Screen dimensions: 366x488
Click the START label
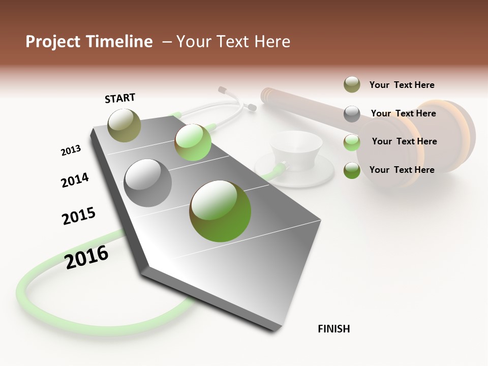coord(120,98)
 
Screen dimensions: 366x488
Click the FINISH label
coord(333,329)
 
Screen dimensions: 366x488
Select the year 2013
coord(71,150)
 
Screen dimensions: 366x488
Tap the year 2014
coord(75,180)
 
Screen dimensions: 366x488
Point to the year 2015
coord(79,216)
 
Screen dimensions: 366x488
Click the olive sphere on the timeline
coord(125,125)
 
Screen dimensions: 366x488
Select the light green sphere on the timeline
coord(193,142)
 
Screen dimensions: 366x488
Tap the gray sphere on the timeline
coord(148,182)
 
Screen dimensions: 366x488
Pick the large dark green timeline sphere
coord(220,210)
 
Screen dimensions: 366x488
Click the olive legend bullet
coord(352,85)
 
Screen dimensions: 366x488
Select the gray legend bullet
coord(352,114)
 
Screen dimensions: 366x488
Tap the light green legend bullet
coord(352,142)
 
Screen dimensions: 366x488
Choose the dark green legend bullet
coord(352,170)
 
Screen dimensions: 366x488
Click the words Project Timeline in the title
coord(89,42)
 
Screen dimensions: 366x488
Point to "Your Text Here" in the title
coord(233,42)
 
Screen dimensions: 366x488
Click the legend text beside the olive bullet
coord(402,85)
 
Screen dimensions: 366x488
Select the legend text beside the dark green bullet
coord(402,170)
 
